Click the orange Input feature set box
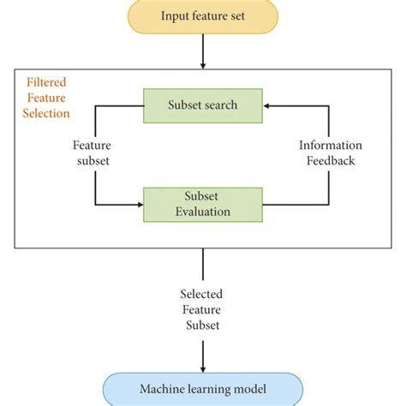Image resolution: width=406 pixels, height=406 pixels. click(202, 15)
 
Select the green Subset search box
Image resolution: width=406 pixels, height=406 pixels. click(202, 105)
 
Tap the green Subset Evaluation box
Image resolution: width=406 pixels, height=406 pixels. click(202, 204)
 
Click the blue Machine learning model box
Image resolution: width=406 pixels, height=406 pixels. click(202, 390)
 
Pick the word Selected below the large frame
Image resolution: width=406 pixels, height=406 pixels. click(202, 293)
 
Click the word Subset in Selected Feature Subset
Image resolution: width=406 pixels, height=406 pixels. click(202, 325)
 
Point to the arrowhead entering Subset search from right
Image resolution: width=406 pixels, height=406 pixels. click(268, 105)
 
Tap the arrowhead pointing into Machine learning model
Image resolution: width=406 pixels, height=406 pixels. click(202, 367)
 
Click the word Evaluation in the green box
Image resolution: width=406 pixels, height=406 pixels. click(202, 211)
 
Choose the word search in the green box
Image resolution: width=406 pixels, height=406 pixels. click(223, 105)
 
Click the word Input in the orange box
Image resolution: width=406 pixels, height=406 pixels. click(174, 15)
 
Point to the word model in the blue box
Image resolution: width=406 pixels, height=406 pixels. click(248, 390)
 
